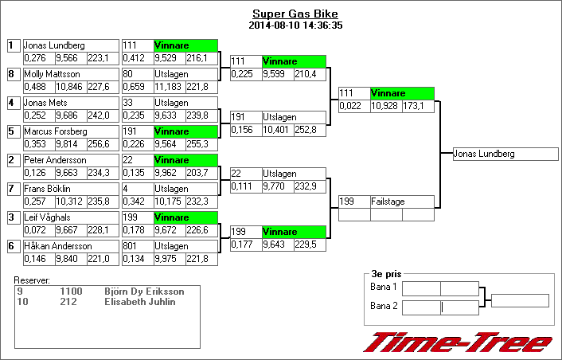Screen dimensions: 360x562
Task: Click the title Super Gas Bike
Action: [295, 14]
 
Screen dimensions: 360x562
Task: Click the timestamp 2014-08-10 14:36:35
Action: [295, 25]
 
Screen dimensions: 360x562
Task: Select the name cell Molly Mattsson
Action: [70, 74]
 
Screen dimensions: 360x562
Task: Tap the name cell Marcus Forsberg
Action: [70, 131]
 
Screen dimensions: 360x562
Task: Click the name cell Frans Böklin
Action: [70, 189]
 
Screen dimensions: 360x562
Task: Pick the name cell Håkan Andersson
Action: [70, 246]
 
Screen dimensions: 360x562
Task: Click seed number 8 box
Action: [11, 74]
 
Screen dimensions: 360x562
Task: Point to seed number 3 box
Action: [11, 217]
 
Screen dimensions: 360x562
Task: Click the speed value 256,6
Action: [99, 144]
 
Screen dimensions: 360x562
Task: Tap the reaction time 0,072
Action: [37, 230]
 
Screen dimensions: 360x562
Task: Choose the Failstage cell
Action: [402, 202]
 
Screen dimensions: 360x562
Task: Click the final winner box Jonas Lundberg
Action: [505, 154]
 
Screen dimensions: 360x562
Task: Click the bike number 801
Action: [137, 246]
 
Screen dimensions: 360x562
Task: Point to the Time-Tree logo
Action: [457, 343]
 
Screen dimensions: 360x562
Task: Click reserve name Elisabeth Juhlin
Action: [140, 302]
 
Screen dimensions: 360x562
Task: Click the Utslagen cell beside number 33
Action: [185, 103]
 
